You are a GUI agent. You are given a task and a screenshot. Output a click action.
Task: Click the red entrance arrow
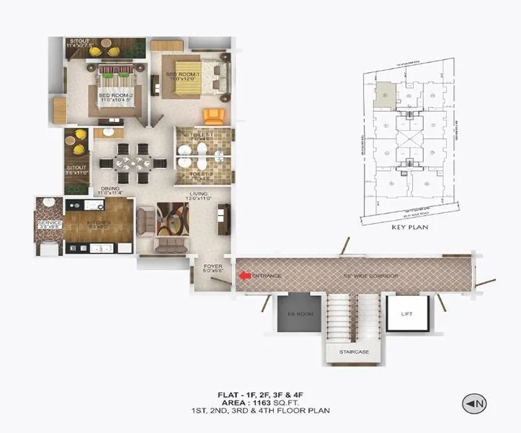pyautogui.click(x=246, y=276)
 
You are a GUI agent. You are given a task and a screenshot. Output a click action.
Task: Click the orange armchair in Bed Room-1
pyautogui.click(x=213, y=115)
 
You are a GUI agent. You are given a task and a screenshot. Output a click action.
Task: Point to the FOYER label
pyautogui.click(x=213, y=266)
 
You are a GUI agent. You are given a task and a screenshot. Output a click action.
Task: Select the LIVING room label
pyautogui.click(x=198, y=193)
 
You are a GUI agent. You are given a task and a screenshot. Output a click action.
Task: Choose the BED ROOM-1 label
pyautogui.click(x=179, y=74)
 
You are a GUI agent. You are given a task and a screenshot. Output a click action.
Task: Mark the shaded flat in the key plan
pyautogui.click(x=386, y=93)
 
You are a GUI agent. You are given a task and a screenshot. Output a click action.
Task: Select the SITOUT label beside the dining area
pyautogui.click(x=74, y=170)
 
